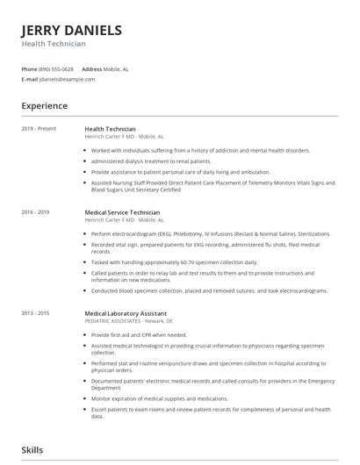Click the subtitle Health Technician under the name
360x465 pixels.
click(x=54, y=44)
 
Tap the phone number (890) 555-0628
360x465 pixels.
click(x=55, y=68)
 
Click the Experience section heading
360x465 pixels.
click(x=45, y=106)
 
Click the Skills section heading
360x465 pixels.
click(x=32, y=450)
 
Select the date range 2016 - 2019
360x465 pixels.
click(x=36, y=212)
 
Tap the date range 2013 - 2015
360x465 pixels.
click(x=36, y=313)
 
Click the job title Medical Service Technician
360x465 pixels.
click(x=122, y=212)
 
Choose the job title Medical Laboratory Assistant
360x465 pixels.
click(x=125, y=313)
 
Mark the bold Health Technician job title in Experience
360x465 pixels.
click(x=110, y=129)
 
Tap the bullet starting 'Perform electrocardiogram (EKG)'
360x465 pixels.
click(x=211, y=234)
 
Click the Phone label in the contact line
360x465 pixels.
click(x=29, y=68)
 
